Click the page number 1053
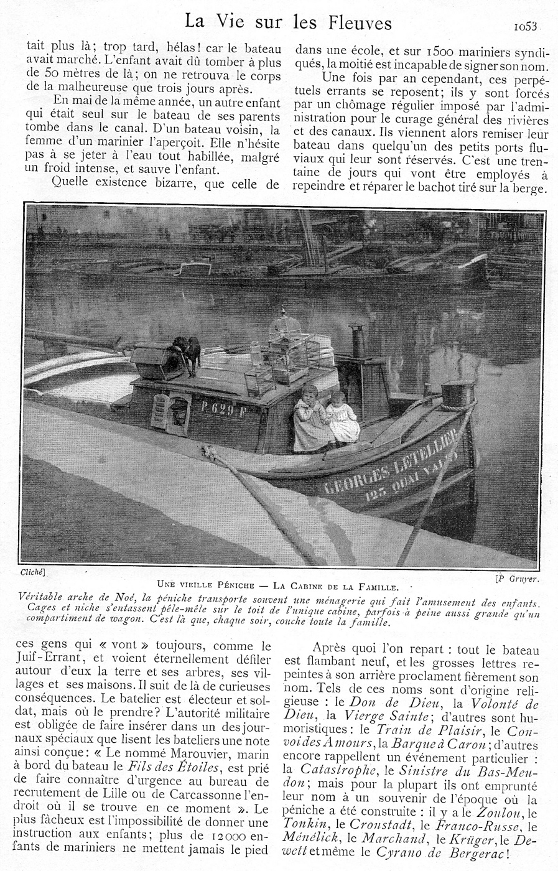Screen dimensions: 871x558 [526, 26]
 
